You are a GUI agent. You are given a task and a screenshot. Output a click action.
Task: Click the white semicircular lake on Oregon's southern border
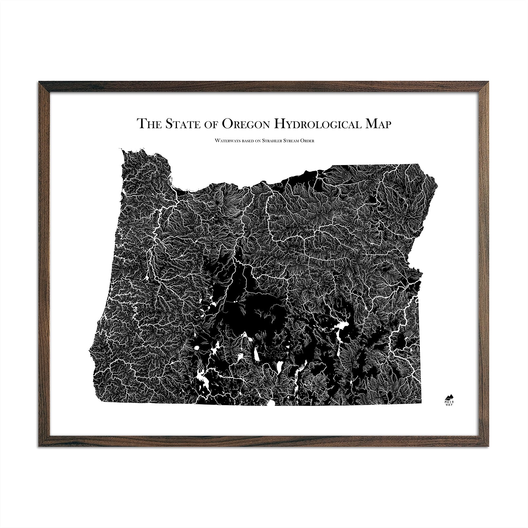coord(271,403)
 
